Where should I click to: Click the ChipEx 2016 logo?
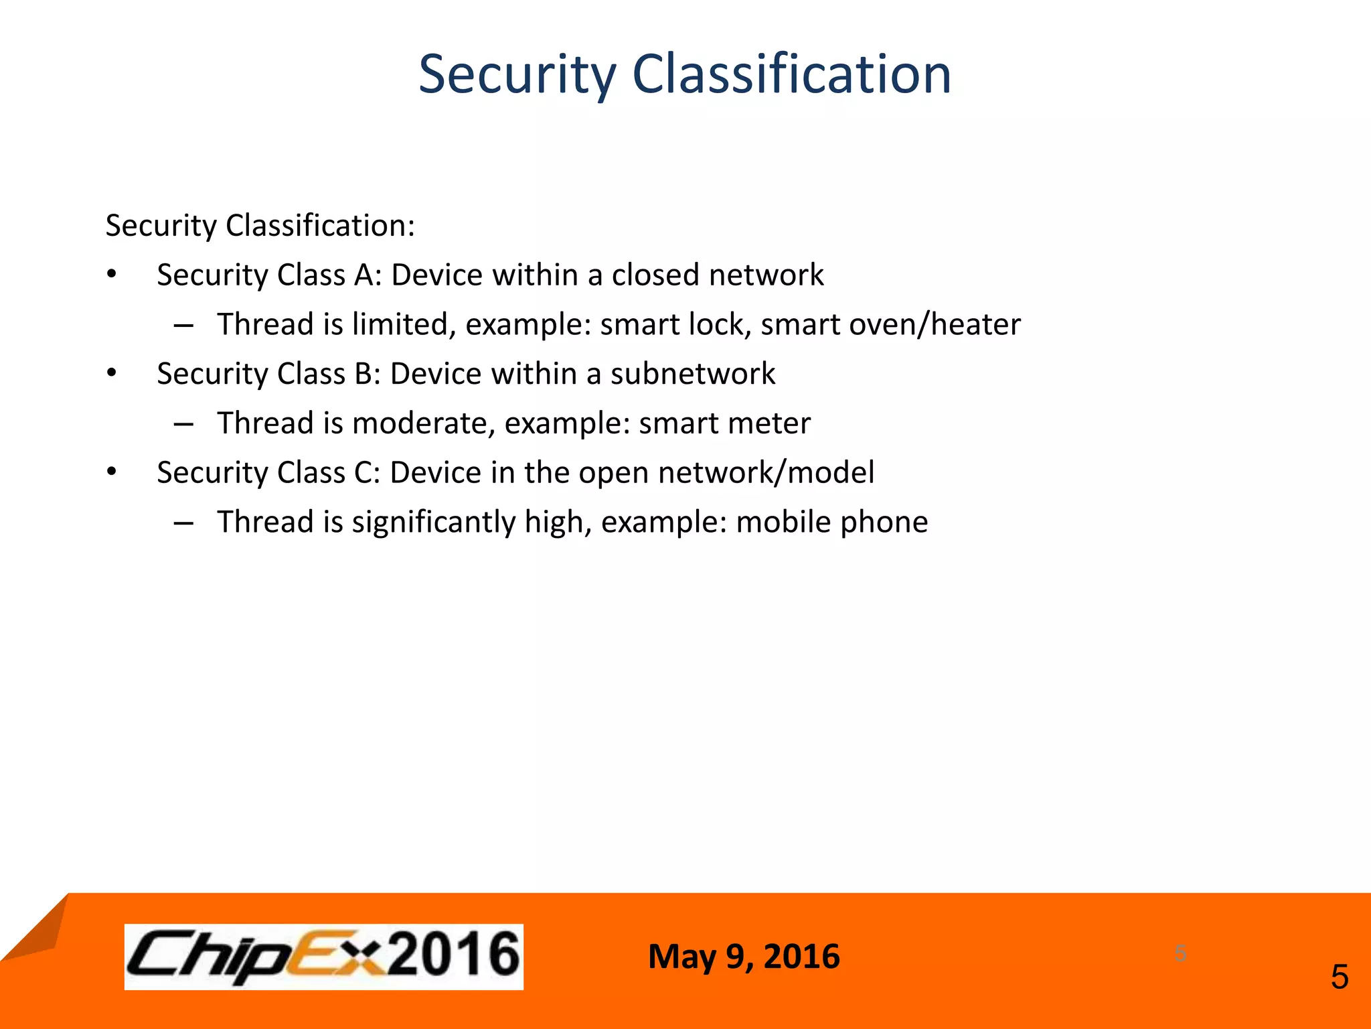point(323,956)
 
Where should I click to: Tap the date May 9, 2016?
point(744,956)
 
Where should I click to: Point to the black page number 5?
point(1339,977)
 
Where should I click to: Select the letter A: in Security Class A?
point(368,275)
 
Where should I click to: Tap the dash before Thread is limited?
point(183,326)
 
